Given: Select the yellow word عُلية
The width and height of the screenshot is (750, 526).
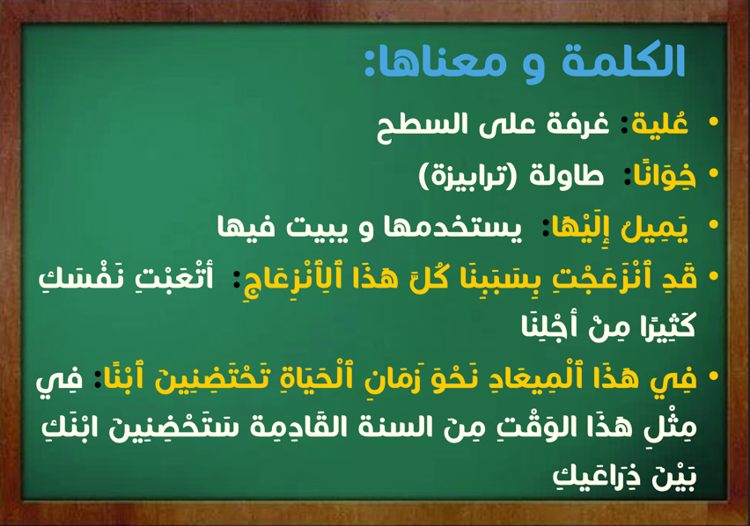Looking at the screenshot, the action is [x=659, y=122].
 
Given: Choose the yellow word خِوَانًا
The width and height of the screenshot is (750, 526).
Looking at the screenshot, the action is [x=664, y=175].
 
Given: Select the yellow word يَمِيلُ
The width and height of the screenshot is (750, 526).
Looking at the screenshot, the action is [x=654, y=227].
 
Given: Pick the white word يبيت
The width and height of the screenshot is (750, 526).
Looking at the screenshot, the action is [x=315, y=227].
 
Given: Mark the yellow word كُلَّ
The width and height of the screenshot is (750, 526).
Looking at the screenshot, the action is [x=429, y=278].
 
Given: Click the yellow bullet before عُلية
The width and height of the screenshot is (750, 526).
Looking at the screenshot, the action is [x=714, y=121].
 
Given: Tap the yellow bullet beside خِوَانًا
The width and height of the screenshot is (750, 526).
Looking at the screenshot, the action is [x=714, y=173].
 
